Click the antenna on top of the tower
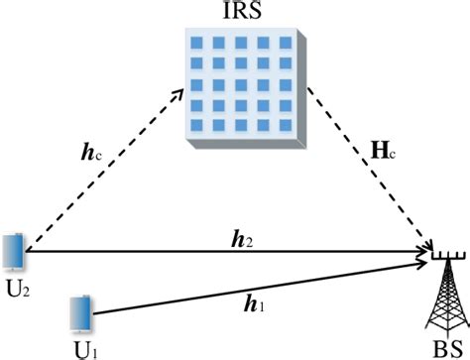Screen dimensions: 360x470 443,260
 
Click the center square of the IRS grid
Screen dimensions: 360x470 242,83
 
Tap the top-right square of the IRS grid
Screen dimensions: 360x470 286,44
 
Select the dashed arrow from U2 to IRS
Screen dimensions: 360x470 104,169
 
